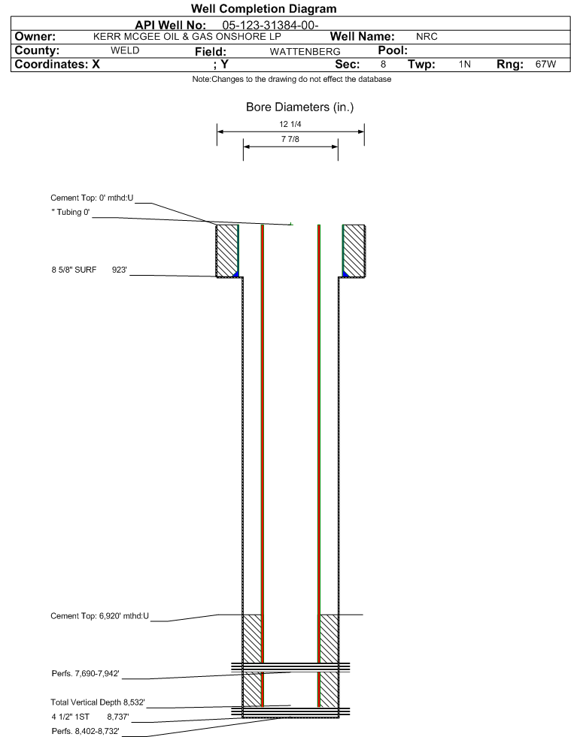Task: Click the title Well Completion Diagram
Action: (263, 9)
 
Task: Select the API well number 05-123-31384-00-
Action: (270, 26)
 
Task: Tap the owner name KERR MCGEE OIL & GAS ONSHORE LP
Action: (187, 37)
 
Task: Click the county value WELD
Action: (125, 51)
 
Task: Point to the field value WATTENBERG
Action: (305, 52)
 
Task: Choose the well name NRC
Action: (427, 37)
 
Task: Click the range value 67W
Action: (545, 65)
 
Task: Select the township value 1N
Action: (465, 65)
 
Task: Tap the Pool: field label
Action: (393, 50)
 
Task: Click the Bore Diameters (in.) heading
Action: (300, 107)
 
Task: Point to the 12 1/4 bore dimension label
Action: (290, 124)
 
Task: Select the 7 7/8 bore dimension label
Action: (290, 139)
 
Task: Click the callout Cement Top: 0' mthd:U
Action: (93, 198)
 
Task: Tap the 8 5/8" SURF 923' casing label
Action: (90, 270)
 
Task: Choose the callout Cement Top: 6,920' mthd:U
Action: (100, 616)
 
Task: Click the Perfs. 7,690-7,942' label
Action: (86, 674)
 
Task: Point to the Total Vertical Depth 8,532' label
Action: (98, 702)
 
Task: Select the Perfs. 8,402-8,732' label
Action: (86, 731)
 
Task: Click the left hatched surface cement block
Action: (227, 251)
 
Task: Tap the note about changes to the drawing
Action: (292, 80)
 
